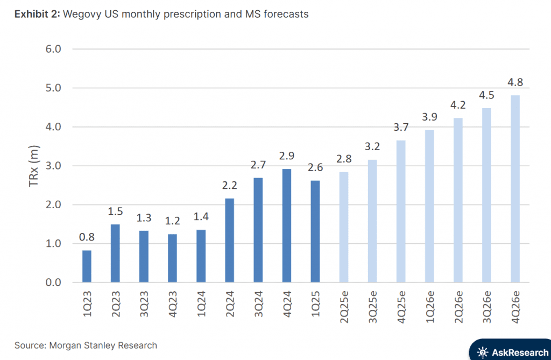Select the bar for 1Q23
pos(87,266)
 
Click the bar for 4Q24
pos(287,225)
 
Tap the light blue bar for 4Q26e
pos(515,188)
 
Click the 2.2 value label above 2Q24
pos(230,186)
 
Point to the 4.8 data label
pos(515,83)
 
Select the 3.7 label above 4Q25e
pos(401,128)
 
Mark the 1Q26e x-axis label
pos(429,306)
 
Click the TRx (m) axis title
pos(33,166)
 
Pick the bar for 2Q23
pos(116,253)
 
